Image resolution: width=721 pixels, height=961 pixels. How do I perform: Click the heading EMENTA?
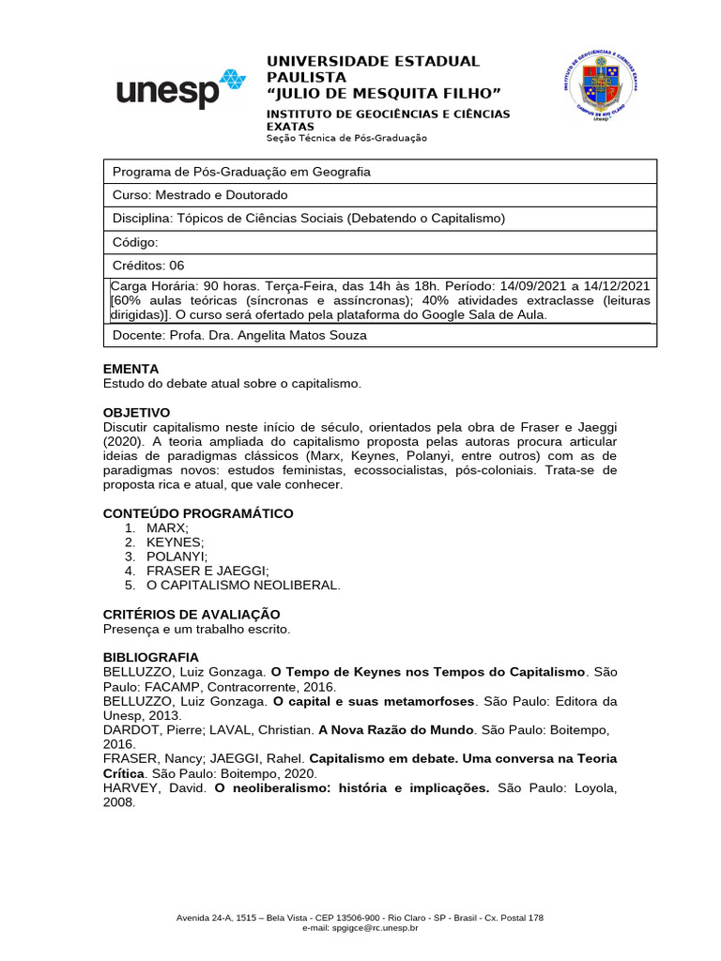(130, 369)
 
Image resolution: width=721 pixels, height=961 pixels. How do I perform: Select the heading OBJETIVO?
(136, 412)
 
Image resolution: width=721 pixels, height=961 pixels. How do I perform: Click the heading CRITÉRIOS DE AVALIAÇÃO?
(191, 614)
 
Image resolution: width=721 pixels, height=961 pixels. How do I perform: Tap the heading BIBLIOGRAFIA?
(150, 658)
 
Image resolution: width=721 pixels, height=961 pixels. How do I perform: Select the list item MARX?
(167, 528)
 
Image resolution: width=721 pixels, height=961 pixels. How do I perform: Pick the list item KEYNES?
(175, 542)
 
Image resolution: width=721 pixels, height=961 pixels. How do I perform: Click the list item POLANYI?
(176, 557)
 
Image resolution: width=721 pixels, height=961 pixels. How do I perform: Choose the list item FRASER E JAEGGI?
(207, 571)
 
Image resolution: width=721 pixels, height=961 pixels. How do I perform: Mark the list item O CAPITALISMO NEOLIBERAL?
(243, 585)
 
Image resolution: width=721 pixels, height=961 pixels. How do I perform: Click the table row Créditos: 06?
(148, 266)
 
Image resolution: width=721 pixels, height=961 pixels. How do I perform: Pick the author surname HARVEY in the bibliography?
(132, 787)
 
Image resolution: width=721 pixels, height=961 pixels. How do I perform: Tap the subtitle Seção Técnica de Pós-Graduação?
(346, 138)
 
